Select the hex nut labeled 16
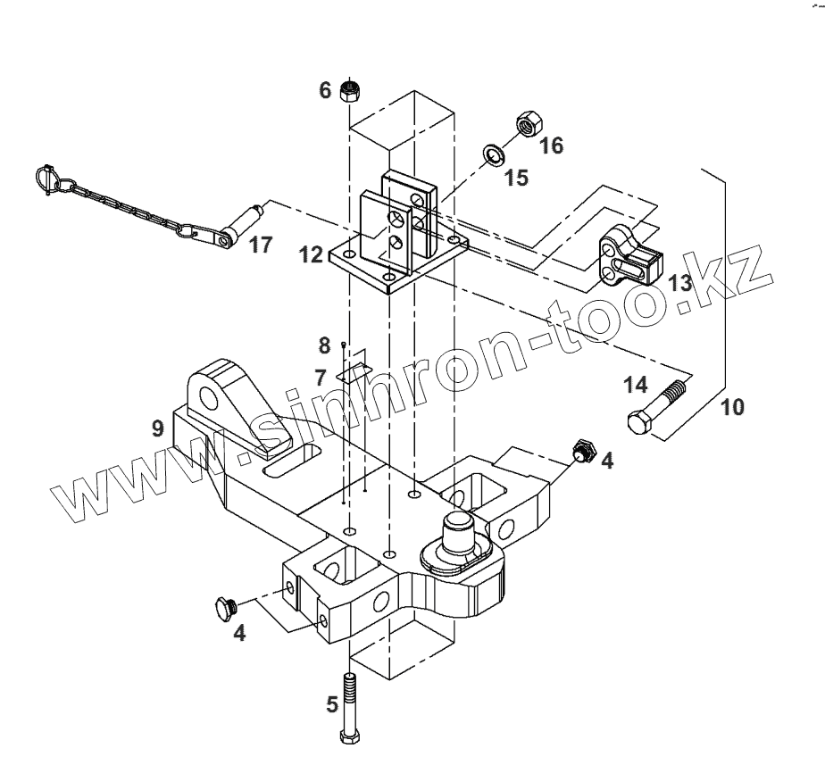(x=526, y=123)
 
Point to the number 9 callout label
(x=158, y=429)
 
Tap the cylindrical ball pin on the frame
(x=462, y=539)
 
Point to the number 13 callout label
(x=680, y=284)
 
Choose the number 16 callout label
(x=552, y=145)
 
